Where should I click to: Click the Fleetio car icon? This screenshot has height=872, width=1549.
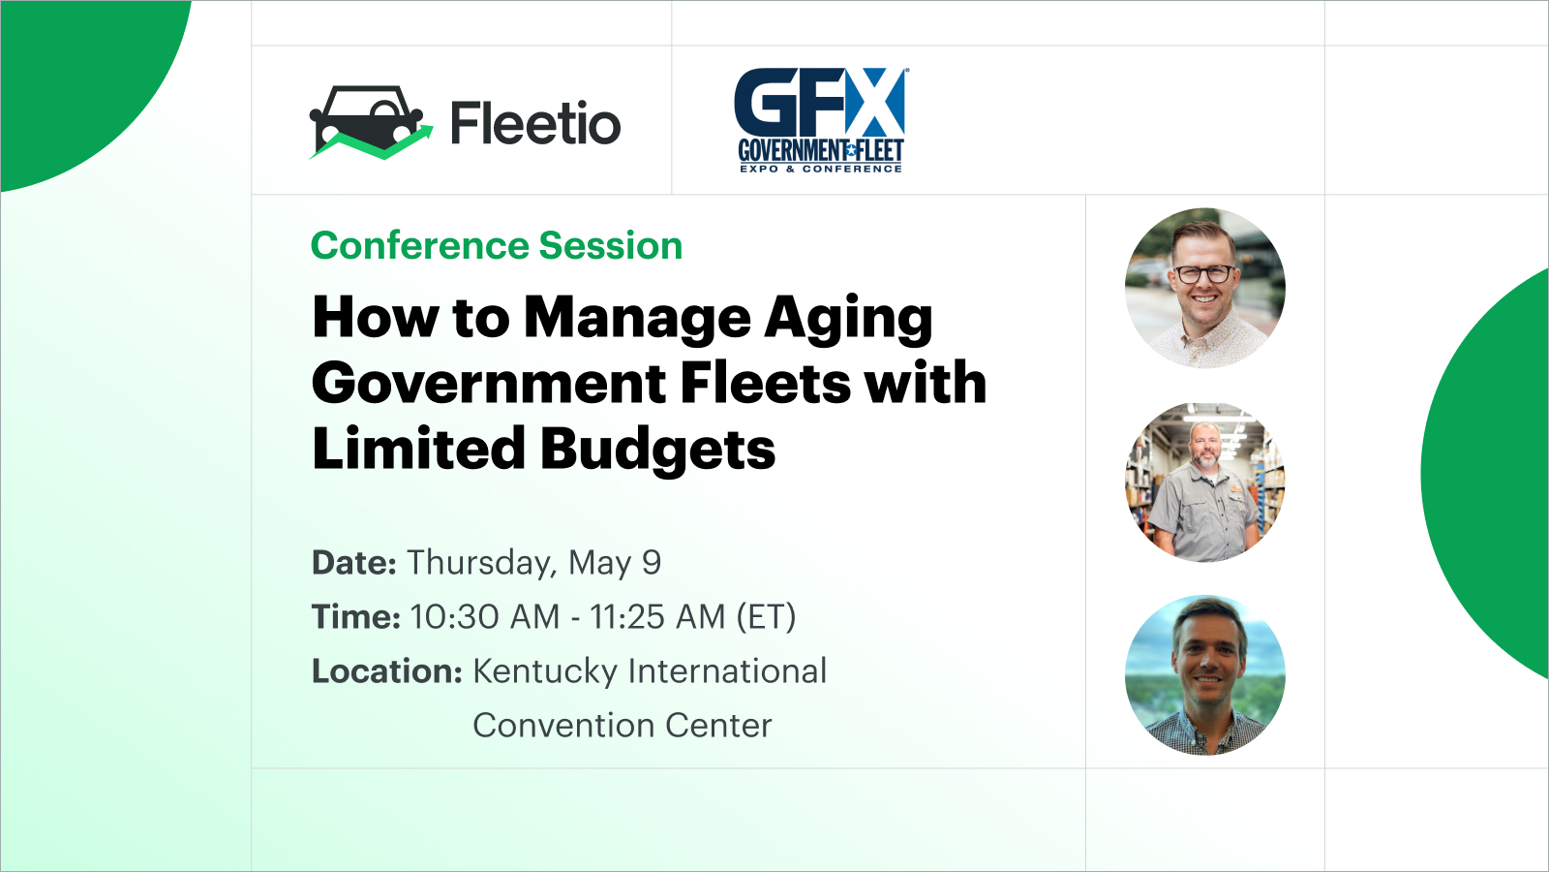coord(371,122)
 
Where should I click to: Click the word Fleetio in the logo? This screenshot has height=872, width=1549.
coord(536,123)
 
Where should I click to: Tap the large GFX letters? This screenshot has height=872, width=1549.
coord(819,103)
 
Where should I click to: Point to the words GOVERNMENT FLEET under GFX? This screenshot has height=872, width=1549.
coord(821,150)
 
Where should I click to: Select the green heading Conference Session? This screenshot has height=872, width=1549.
coord(497,246)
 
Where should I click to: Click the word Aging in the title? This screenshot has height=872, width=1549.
coord(848,320)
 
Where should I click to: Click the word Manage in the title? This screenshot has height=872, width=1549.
coord(637,320)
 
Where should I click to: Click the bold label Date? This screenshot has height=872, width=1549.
coord(354,562)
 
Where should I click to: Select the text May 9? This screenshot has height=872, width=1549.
coord(615,563)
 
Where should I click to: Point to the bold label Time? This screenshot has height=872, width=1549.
coord(356,616)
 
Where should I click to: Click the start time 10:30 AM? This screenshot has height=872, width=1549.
coord(485,616)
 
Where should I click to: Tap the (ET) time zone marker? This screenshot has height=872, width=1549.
coord(766,616)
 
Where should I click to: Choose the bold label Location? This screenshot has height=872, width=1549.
coord(387,670)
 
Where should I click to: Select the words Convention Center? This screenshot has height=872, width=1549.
coord(623,726)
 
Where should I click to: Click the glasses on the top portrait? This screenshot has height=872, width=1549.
coord(1205,274)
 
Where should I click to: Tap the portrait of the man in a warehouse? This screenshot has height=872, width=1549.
coord(1205,482)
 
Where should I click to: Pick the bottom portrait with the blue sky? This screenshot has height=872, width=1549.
coord(1205,675)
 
